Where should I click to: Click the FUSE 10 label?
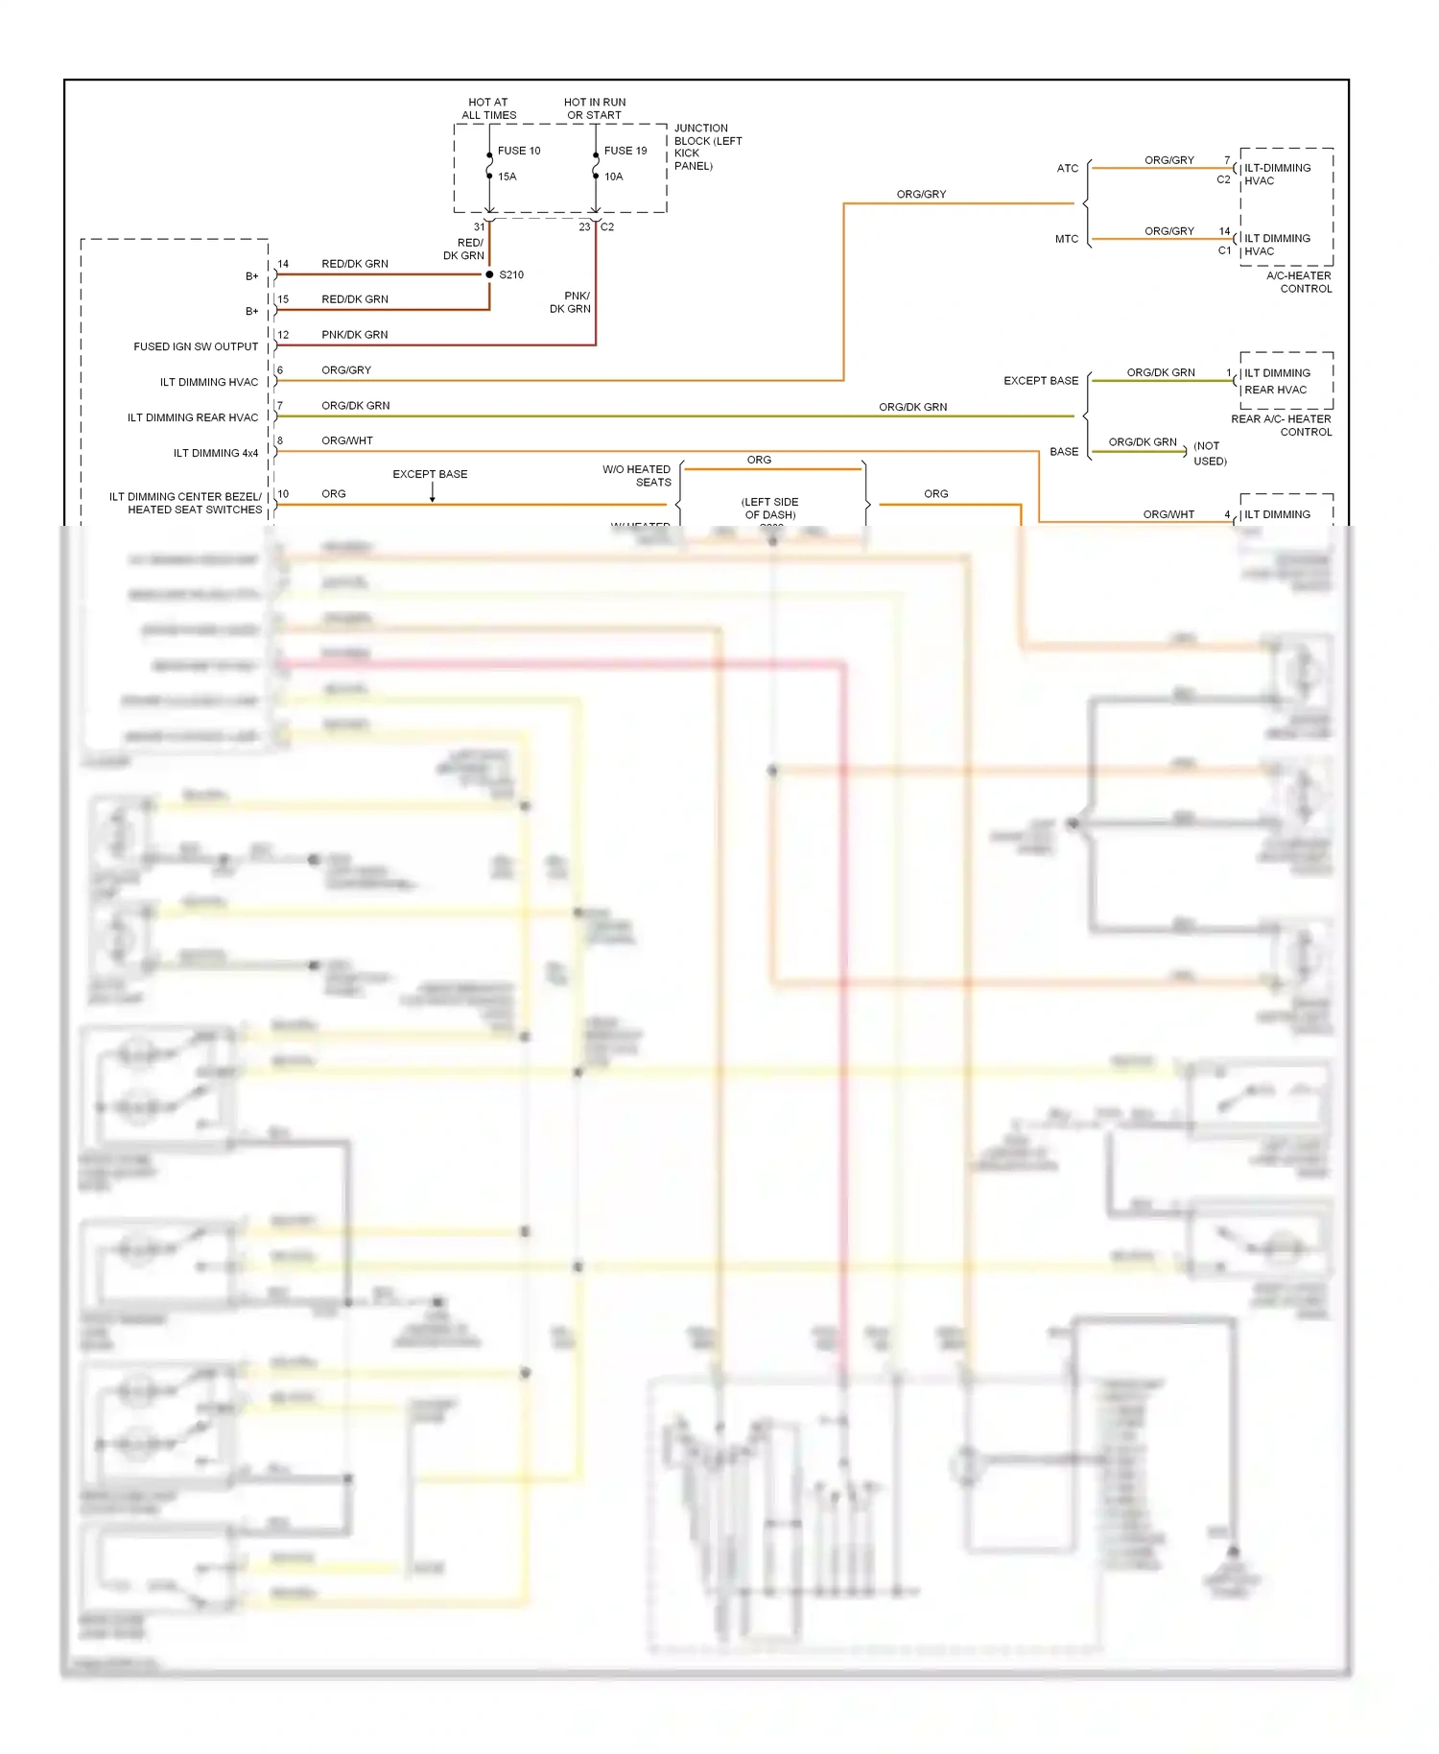tap(519, 151)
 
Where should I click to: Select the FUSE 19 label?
tap(625, 151)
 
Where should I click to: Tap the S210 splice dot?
tap(489, 274)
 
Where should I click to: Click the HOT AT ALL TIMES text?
tap(488, 108)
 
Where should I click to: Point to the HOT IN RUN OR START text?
tap(594, 108)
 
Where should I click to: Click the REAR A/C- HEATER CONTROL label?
tap(1282, 425)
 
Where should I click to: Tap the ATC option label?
tap(1067, 168)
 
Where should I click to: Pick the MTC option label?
tap(1067, 239)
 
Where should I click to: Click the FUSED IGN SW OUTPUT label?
tap(196, 346)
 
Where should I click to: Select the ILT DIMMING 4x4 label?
tap(215, 453)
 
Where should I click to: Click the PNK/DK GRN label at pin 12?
tap(354, 335)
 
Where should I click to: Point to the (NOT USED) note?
tap(1209, 453)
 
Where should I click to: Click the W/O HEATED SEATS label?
tap(637, 476)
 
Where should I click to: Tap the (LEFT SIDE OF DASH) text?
tap(769, 509)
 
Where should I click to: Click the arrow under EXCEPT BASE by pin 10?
tap(432, 492)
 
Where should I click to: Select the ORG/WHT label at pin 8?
tap(346, 441)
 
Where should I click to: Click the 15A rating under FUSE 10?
tap(507, 177)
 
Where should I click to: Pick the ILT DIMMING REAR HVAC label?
tap(192, 417)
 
